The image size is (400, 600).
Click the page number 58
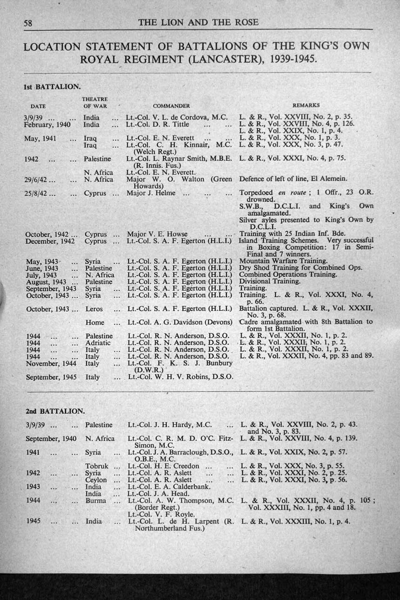pos(28,23)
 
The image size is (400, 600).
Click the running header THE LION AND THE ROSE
pos(198,22)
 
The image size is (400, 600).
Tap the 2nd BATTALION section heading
pos(55,411)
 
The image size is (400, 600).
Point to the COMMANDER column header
pos(171,106)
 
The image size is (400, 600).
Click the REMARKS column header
pos(306,106)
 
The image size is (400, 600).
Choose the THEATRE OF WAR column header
pos(95,102)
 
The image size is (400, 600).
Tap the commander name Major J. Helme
pos(151,193)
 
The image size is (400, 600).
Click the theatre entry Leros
pos(94,309)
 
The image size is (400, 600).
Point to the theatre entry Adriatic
pos(98,343)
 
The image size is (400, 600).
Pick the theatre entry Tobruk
pos(97,466)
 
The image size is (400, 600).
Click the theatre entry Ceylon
pos(96,480)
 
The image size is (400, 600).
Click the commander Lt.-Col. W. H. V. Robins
pos(180,377)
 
